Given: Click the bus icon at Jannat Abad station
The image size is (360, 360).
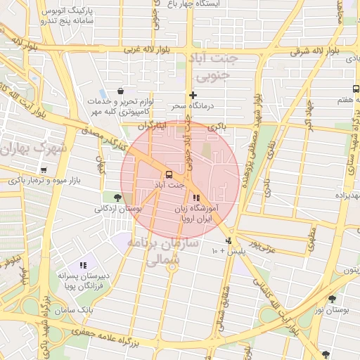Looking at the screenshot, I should (x=169, y=174).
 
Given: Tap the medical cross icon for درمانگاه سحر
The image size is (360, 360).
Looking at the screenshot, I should (x=193, y=95).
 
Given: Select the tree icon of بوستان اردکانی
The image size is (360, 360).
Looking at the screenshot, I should (x=117, y=198).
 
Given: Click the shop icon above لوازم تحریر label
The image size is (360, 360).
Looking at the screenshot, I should (x=121, y=91).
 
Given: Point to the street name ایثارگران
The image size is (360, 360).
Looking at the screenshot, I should (x=150, y=126).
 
